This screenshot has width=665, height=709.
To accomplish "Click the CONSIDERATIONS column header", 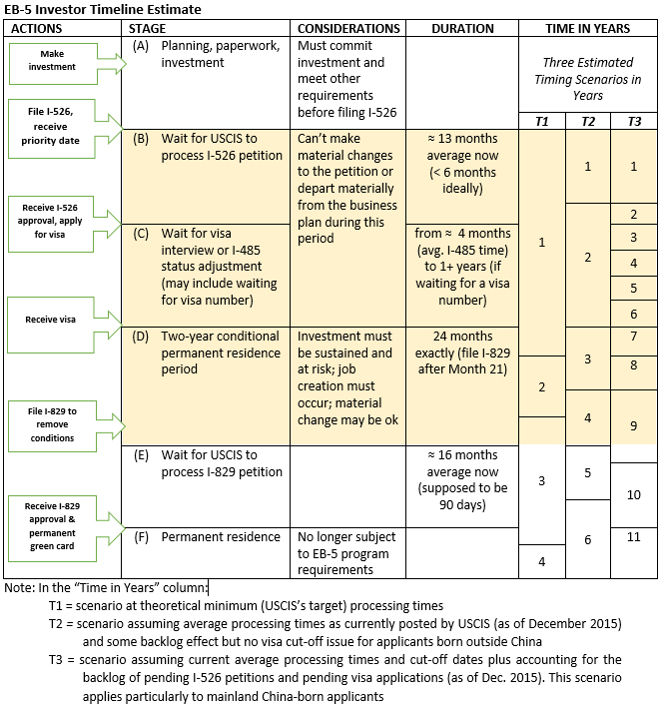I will pos(349,28).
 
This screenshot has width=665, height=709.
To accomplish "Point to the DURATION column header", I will pos(462,28).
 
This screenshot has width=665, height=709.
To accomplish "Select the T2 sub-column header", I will pos(587,121).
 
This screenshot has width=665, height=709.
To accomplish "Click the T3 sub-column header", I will pos(635,121).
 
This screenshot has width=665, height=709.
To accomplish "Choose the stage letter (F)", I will pos(141,537).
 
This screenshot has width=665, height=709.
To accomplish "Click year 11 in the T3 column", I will pos(634,537).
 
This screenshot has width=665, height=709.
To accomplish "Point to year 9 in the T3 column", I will pos(634,426).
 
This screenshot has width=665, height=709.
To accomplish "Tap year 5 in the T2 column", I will pos(587,472).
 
